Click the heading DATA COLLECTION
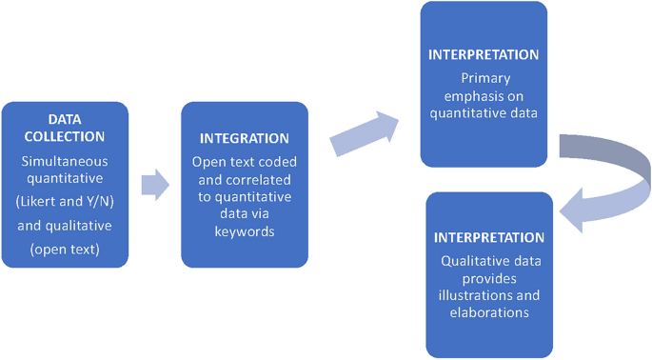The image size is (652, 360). pos(65,127)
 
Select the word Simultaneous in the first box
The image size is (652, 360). pos(65,162)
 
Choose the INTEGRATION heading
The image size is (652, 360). pos(245,139)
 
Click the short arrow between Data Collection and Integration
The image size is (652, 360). pos(154,185)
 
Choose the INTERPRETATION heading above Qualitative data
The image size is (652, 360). pos(489,237)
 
